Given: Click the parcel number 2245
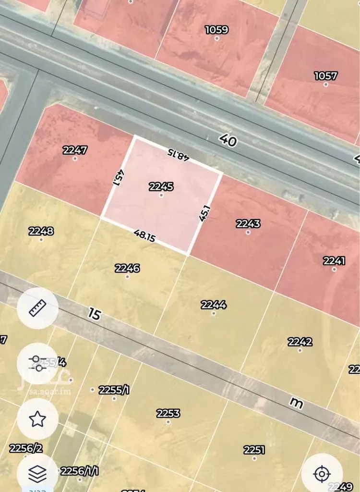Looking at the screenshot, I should (x=161, y=186).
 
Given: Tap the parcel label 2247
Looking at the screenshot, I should (x=75, y=150).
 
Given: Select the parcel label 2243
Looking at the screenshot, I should (x=248, y=224).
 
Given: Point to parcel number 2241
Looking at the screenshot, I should (x=334, y=261).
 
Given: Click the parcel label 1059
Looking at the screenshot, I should (x=216, y=30).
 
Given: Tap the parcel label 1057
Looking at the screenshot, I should (x=326, y=76).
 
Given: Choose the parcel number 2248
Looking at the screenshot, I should (x=41, y=231).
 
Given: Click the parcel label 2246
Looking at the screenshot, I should (x=127, y=268).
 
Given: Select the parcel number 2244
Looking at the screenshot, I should (x=214, y=305).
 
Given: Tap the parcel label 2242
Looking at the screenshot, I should (x=300, y=342).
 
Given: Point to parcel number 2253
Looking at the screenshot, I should (x=168, y=413).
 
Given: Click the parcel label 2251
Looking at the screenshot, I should (x=254, y=450).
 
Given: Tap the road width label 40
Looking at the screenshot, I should (x=228, y=140).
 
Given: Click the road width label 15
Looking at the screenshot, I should (x=95, y=314).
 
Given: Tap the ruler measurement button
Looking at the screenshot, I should (x=37, y=308).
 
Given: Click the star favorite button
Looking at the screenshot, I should (x=37, y=418).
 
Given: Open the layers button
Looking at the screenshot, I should (x=37, y=474).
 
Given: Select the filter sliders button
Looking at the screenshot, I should (x=37, y=363).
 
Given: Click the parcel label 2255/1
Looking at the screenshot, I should (x=114, y=390).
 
